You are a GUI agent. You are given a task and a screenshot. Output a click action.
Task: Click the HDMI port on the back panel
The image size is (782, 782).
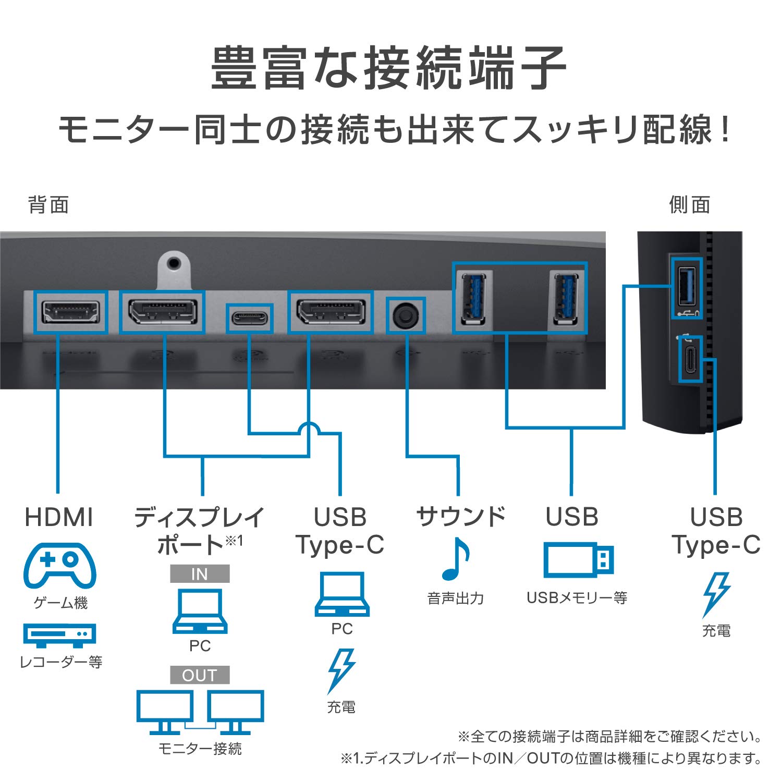[70, 312]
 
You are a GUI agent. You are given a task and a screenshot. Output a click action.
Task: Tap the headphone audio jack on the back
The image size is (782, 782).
[406, 315]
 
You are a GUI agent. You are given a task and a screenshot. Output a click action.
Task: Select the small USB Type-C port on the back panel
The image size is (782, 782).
[250, 318]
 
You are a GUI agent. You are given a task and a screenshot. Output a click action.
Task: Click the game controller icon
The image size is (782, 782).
[59, 566]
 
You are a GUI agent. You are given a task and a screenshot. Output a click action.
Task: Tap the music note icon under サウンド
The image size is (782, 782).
[455, 559]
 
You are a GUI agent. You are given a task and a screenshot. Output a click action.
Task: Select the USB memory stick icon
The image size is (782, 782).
[578, 560]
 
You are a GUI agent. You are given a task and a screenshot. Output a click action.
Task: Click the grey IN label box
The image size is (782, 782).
[200, 574]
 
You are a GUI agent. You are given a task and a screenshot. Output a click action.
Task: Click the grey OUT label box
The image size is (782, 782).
[200, 675]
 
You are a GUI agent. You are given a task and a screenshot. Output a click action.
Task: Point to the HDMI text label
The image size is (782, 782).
[59, 517]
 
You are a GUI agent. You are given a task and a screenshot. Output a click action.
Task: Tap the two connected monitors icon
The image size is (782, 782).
[200, 712]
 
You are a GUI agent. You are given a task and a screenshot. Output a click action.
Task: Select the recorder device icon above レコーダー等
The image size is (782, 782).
[59, 634]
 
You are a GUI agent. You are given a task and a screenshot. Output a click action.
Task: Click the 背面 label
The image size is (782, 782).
[48, 205]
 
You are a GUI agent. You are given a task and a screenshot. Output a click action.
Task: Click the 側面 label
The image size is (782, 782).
[689, 205]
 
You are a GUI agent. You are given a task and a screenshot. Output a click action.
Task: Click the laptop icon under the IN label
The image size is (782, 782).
[200, 611]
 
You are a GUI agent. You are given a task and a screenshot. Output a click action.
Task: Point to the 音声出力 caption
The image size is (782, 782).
[455, 598]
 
